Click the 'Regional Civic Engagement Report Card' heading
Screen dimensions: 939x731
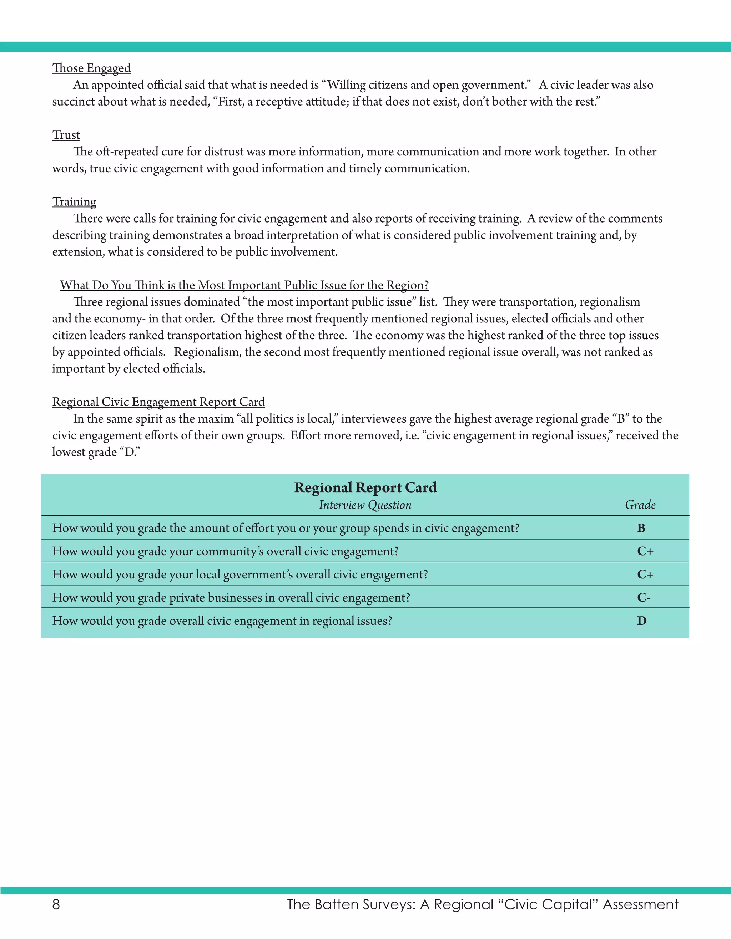158,402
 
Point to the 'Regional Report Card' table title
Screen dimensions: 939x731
365,488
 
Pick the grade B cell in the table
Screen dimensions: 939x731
641,528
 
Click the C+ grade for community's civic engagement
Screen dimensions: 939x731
645,551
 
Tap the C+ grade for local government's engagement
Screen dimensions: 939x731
645,575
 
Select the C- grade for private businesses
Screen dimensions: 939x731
643,598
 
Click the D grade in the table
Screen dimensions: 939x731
641,621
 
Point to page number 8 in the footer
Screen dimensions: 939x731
56,905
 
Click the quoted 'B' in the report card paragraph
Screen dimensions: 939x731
620,419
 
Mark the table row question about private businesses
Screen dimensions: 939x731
231,598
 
